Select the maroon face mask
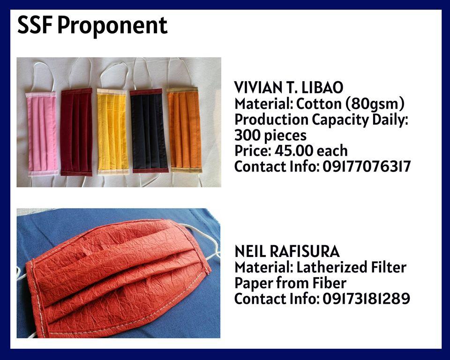point(76,132)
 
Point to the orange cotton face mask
point(184,130)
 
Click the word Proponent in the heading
point(112,26)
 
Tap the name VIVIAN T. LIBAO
point(288,87)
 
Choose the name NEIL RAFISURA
point(287,251)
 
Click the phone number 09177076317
point(367,166)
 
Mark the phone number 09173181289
point(366,299)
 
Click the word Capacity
point(340,120)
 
